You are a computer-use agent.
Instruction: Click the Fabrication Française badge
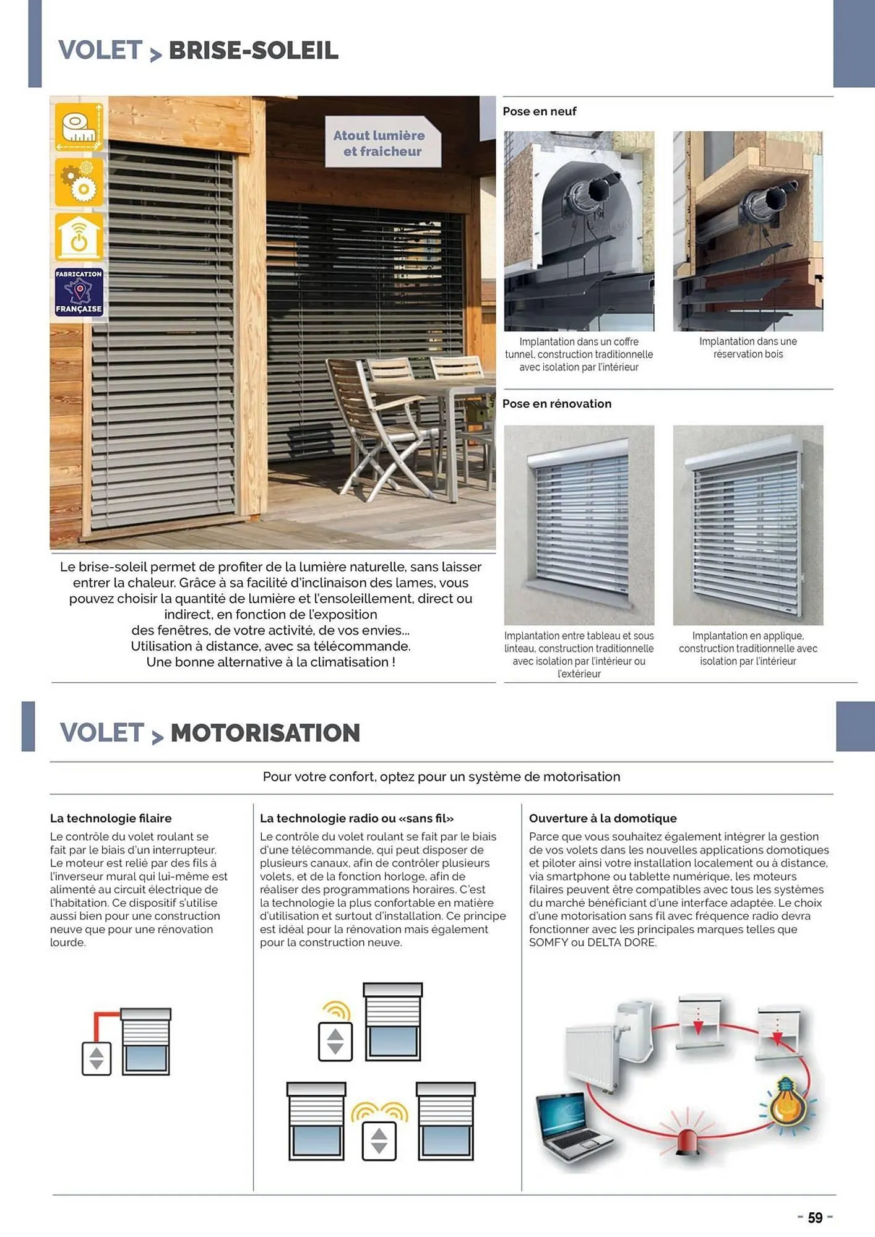point(79,291)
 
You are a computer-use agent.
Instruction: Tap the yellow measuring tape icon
point(79,127)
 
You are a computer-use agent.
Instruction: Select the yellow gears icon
point(79,182)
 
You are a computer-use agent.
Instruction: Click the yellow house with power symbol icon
point(79,237)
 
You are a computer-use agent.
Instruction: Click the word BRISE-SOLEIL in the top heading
point(253,51)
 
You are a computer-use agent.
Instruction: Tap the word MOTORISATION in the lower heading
point(265,733)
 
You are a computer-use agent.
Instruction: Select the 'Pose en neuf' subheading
point(539,111)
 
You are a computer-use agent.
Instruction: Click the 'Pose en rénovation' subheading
point(556,404)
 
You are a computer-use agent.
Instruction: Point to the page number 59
point(815,1218)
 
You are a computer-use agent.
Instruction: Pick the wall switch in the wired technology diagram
point(97,1058)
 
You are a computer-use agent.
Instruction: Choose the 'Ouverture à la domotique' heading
point(602,818)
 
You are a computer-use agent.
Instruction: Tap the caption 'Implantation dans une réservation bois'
point(748,348)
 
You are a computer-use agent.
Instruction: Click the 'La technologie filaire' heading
point(111,818)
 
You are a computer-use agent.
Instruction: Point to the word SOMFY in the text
point(548,943)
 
